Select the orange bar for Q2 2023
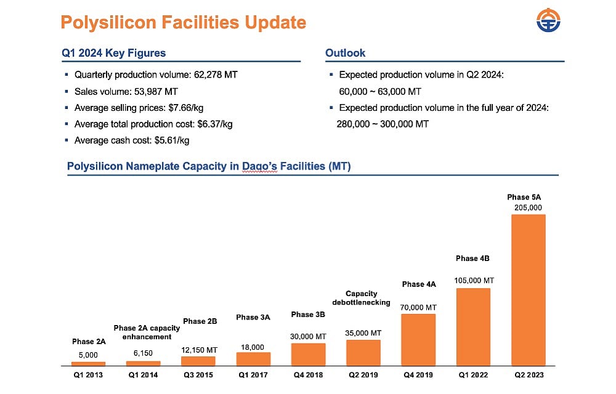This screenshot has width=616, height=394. [x=528, y=289]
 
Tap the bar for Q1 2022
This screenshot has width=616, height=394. [x=473, y=326]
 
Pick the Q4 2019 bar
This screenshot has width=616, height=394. [x=418, y=339]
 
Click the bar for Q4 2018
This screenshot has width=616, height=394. [x=308, y=354]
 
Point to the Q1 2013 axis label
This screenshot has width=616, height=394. [x=88, y=374]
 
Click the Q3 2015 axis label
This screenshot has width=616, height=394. [x=198, y=374]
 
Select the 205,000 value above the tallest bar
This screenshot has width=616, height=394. [x=528, y=207]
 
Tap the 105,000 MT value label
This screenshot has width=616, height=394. [x=474, y=281]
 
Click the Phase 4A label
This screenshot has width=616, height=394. [x=419, y=284]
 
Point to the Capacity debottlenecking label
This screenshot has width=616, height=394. [x=362, y=298]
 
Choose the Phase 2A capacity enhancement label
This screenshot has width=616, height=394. [x=147, y=332]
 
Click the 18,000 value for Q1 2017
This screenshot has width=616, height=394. [x=253, y=347]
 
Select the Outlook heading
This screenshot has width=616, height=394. [x=345, y=53]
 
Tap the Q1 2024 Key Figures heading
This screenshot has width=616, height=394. [x=114, y=53]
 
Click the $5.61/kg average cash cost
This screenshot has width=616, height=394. [x=171, y=140]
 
